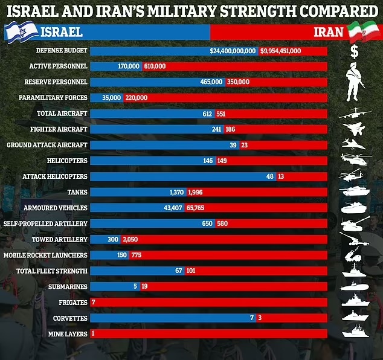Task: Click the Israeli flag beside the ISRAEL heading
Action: pyautogui.click(x=19, y=31)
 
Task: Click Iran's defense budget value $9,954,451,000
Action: pyautogui.click(x=280, y=51)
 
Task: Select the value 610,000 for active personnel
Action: pyautogui.click(x=155, y=66)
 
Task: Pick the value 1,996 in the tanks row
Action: pyautogui.click(x=196, y=192)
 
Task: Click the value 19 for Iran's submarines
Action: pyautogui.click(x=144, y=286)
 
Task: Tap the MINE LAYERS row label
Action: pyautogui.click(x=68, y=333)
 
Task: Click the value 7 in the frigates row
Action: pyautogui.click(x=93, y=302)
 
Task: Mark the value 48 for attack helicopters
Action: pyautogui.click(x=270, y=176)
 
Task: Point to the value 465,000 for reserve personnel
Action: pyautogui.click(x=211, y=82)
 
